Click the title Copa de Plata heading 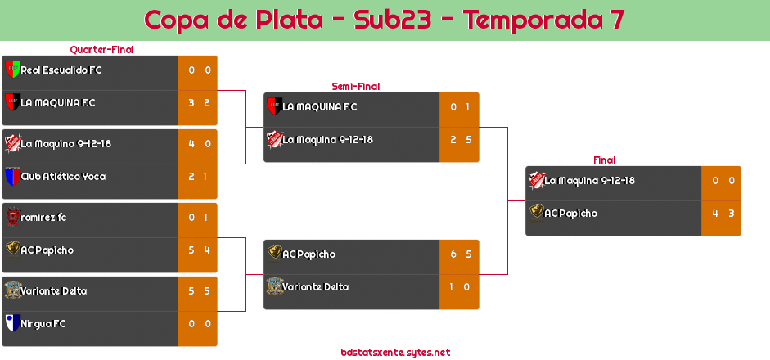[x=385, y=20]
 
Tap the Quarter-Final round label [x=101, y=50]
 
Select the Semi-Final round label [x=354, y=86]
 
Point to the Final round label [x=603, y=160]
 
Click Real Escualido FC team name [x=61, y=70]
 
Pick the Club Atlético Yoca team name [x=63, y=177]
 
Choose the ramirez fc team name [x=44, y=218]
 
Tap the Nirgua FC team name [x=43, y=324]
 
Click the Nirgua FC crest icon [x=12, y=323]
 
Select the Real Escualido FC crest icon [x=12, y=70]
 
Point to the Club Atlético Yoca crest [x=12, y=177]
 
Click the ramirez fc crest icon [x=12, y=217]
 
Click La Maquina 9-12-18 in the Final [x=590, y=181]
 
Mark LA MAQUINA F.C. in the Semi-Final [x=320, y=107]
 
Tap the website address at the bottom [x=395, y=353]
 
